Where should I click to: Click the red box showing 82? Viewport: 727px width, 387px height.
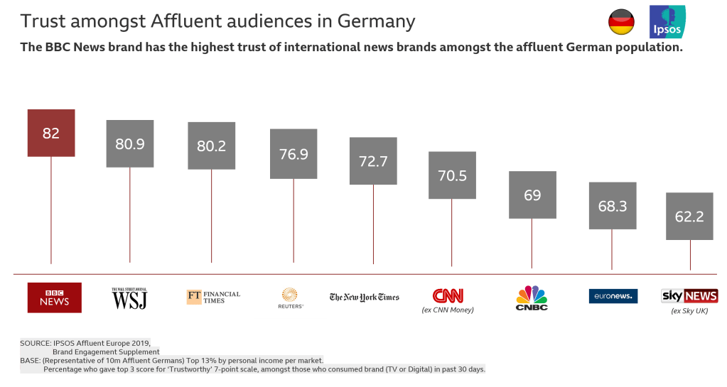click(x=50, y=133)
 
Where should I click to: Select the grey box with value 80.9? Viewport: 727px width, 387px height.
click(x=129, y=143)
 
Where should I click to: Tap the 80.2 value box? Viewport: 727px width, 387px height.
click(x=211, y=146)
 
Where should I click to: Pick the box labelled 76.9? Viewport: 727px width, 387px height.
click(x=294, y=153)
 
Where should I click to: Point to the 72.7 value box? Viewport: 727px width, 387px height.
click(x=373, y=161)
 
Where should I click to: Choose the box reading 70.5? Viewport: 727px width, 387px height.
click(x=452, y=175)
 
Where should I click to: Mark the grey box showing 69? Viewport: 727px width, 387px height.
click(x=532, y=195)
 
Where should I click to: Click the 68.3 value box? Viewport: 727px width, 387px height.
click(x=612, y=205)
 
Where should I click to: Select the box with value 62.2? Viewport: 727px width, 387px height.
click(x=689, y=216)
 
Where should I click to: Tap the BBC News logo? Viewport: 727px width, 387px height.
click(x=54, y=298)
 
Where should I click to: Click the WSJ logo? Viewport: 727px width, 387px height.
click(x=129, y=298)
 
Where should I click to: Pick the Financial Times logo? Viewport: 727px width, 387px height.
click(x=213, y=297)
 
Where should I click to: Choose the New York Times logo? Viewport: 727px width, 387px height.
click(x=364, y=297)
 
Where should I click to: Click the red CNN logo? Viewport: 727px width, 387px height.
click(x=448, y=295)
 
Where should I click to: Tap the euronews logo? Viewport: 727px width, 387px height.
click(x=613, y=296)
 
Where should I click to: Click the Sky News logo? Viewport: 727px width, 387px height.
click(x=689, y=295)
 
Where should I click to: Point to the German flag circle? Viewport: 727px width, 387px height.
click(x=621, y=23)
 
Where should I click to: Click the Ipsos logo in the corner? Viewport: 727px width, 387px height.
click(x=667, y=22)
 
